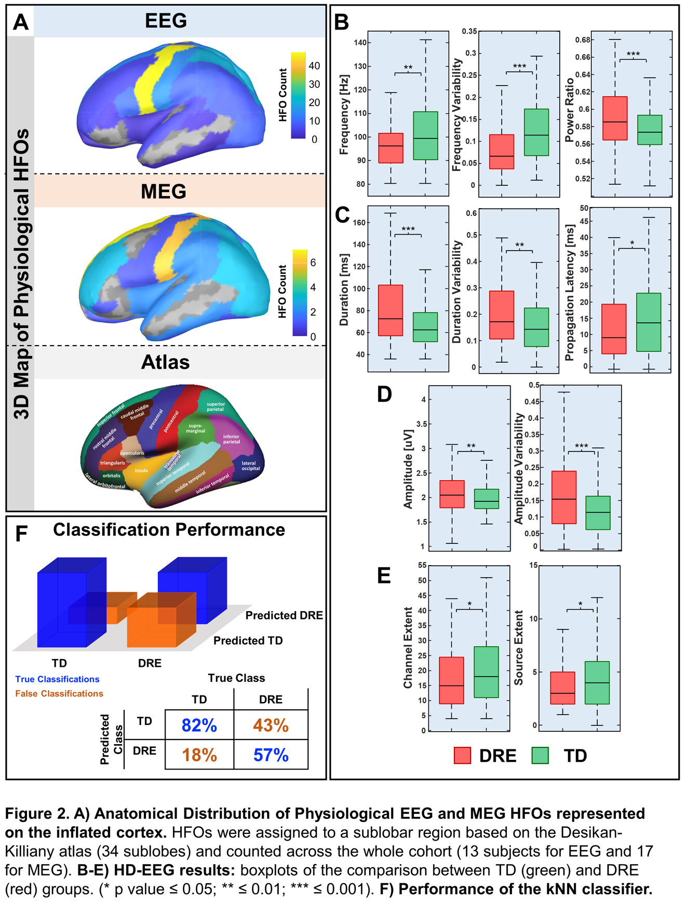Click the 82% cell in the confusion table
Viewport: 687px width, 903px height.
click(199, 725)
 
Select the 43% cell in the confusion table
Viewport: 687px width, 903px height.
click(271, 725)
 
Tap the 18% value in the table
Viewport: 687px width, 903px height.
click(199, 755)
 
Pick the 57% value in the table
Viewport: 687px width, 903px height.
click(271, 755)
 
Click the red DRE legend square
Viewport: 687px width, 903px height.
click(462, 756)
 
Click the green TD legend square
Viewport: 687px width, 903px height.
click(541, 756)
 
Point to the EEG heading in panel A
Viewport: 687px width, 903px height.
click(166, 21)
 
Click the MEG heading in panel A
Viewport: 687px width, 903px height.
click(164, 191)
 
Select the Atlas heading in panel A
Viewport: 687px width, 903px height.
click(165, 362)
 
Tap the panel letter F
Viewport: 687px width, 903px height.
click(21, 533)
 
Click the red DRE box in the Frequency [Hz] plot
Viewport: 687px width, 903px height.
click(390, 148)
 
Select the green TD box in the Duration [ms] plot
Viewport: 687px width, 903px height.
click(425, 327)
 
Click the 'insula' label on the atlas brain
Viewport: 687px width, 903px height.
click(141, 471)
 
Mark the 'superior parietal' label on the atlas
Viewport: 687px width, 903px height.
click(215, 407)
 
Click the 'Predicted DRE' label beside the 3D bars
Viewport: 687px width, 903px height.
click(284, 615)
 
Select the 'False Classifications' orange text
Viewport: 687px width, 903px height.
click(59, 694)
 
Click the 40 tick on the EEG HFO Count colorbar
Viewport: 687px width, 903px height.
click(314, 66)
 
